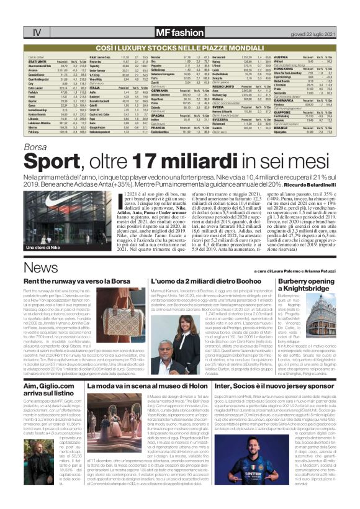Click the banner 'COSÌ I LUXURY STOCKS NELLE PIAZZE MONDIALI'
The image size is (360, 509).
(x=179, y=47)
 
